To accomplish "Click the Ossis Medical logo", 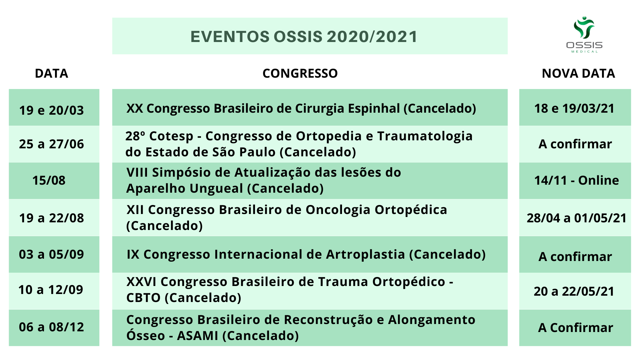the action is tap(584, 34).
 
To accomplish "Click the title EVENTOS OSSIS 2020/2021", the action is tap(304, 37).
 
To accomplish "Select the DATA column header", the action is tap(52, 73).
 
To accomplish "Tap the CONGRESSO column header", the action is tap(300, 73).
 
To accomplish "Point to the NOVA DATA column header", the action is tap(578, 73).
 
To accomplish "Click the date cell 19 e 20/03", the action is tap(51, 110).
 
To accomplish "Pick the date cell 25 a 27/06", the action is tap(51, 144).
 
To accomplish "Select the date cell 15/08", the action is tap(49, 180).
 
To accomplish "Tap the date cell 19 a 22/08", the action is tap(51, 218).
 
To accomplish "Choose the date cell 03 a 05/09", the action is tap(51, 254).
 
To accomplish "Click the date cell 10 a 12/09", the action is tap(51, 290).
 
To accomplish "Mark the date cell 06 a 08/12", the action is tap(51, 327).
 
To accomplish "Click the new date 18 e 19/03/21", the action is tap(574, 108).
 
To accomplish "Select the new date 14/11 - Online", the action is tap(577, 180).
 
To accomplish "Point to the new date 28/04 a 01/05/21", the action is tap(577, 218).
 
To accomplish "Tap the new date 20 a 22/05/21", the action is tap(574, 291).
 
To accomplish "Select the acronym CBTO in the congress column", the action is tap(144, 298).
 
